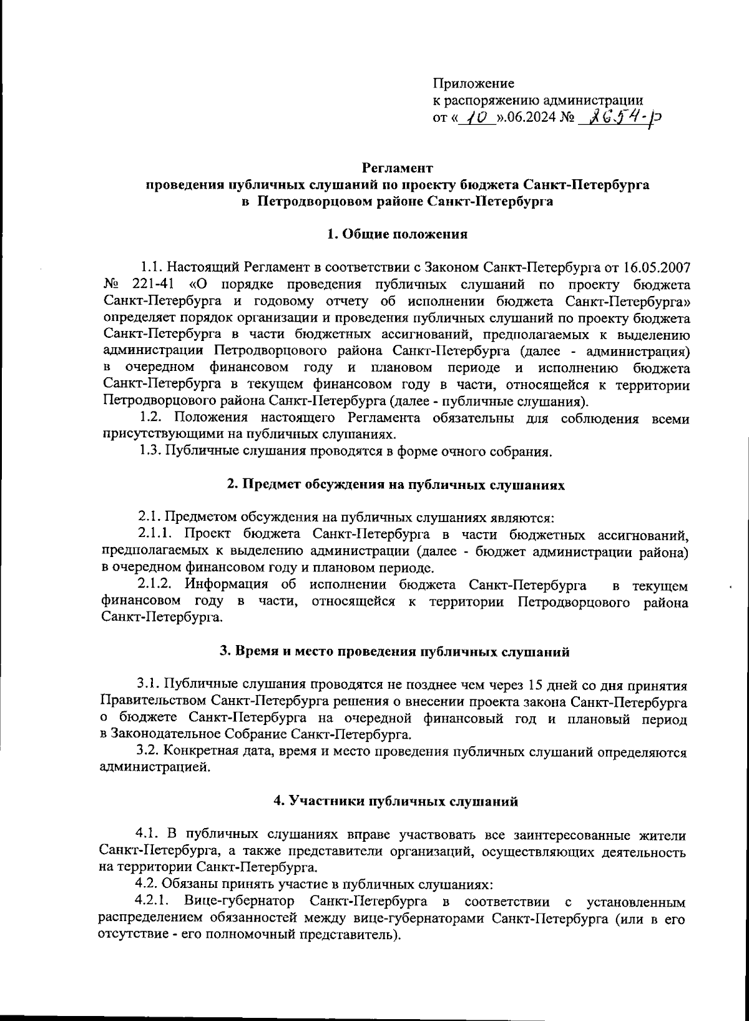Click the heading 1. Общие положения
pyautogui.click(x=397, y=235)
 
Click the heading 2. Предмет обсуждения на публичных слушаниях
pyautogui.click(x=396, y=485)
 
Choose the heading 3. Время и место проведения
pyautogui.click(x=394, y=652)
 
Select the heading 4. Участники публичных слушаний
pyautogui.click(x=396, y=802)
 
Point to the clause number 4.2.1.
pyautogui.click(x=156, y=902)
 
